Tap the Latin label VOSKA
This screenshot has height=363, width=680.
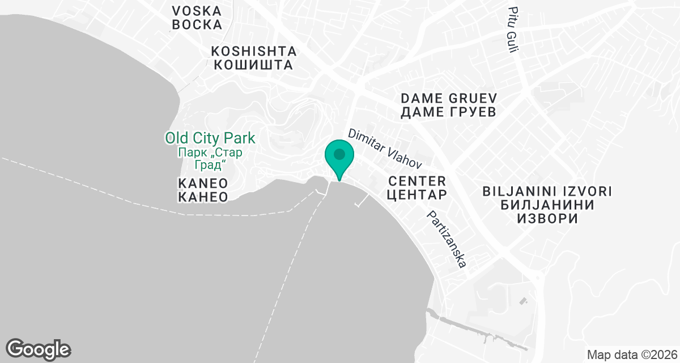(x=197, y=11)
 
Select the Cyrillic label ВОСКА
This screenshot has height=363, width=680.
(x=197, y=25)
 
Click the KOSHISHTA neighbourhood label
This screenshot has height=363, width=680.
(x=254, y=50)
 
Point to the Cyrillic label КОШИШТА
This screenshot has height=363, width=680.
(x=254, y=65)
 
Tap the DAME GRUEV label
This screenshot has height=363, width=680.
(x=448, y=97)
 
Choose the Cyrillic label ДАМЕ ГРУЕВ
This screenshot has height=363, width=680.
(x=448, y=112)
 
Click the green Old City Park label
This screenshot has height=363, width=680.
(x=210, y=138)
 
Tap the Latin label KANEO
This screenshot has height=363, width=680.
(x=203, y=183)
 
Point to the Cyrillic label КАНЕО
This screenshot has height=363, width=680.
(x=203, y=197)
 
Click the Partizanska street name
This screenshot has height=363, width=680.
(x=447, y=239)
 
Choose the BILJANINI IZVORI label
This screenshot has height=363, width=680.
(x=547, y=190)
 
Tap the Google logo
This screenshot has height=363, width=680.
(x=38, y=349)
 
